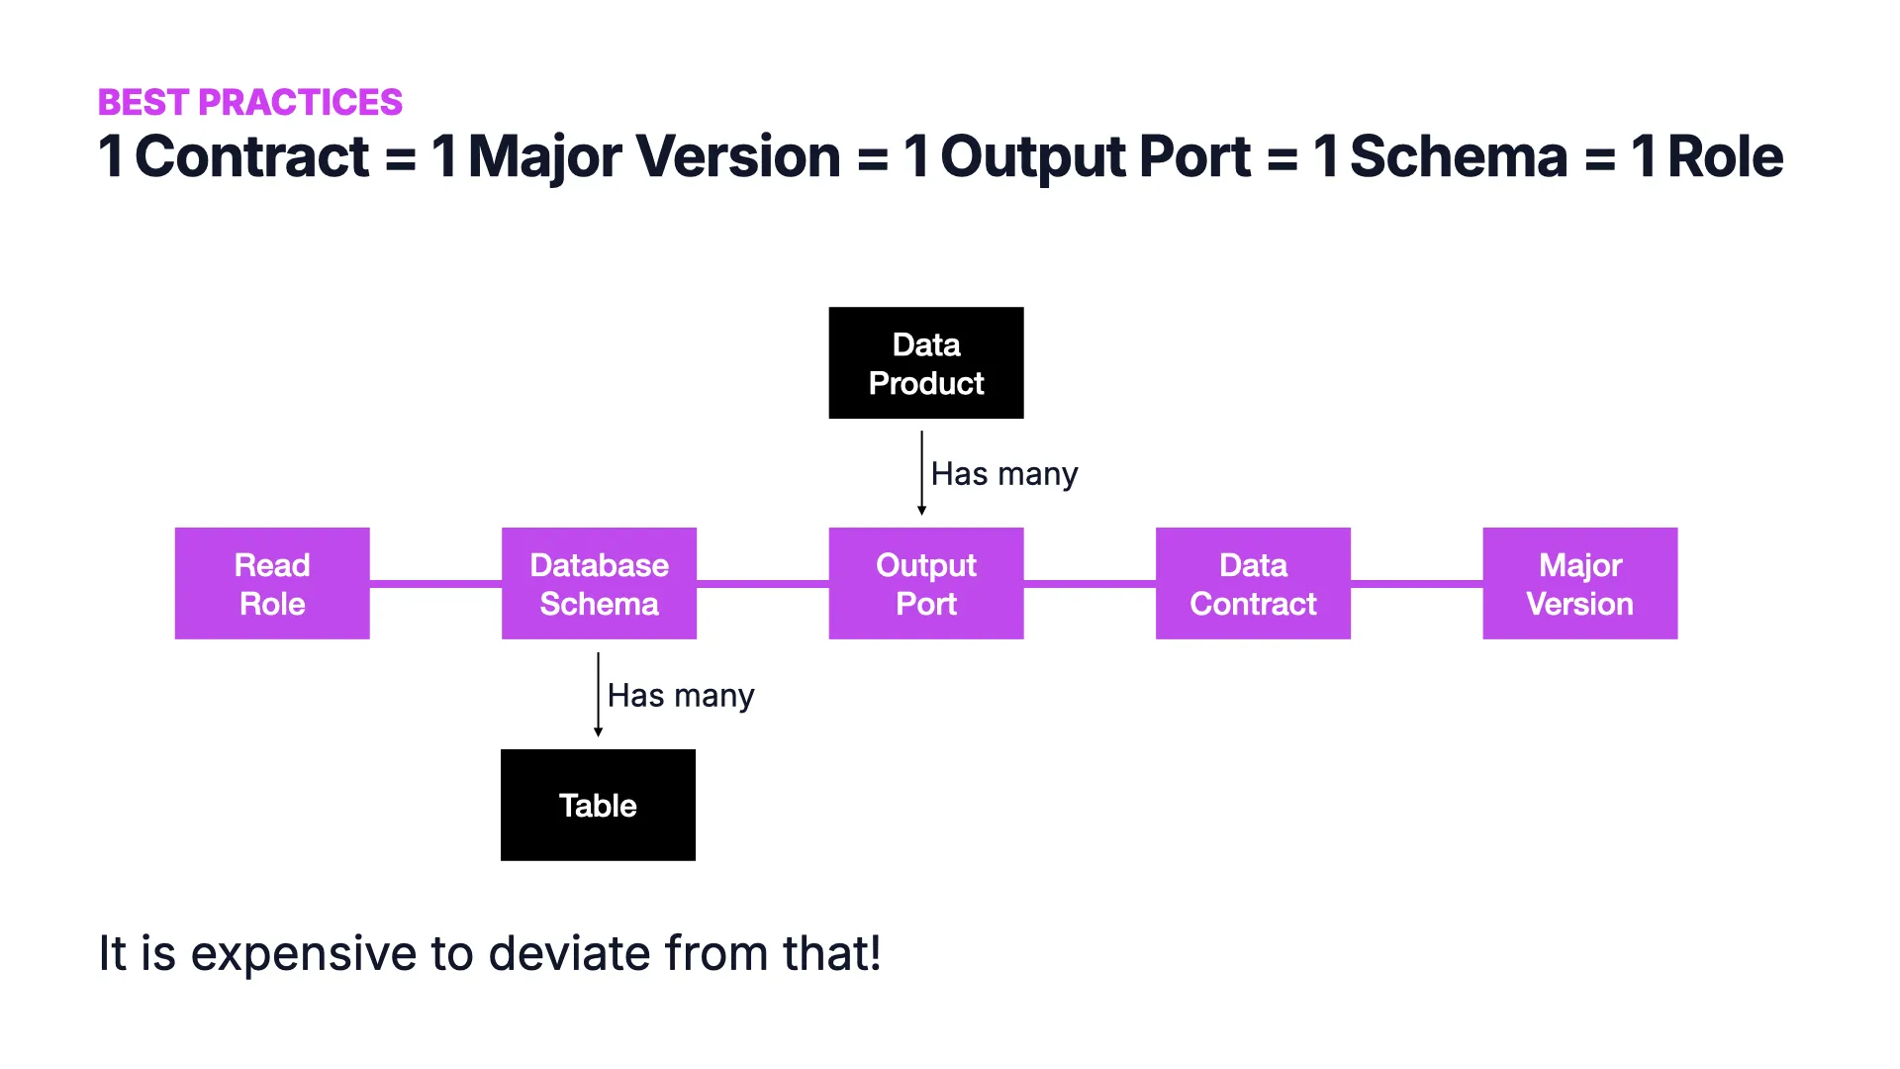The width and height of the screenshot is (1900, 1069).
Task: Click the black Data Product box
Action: coord(925,363)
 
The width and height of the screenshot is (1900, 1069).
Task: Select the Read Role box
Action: coord(272,583)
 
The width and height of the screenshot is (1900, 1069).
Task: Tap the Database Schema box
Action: coord(599,583)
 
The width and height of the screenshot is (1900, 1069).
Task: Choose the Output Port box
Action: coord(925,583)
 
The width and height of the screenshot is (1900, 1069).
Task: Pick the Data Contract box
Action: coord(1253,583)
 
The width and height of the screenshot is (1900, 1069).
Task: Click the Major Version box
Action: coord(1579,583)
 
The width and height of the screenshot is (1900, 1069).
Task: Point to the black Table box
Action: coord(598,805)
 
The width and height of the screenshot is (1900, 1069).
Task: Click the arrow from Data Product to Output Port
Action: coord(921,473)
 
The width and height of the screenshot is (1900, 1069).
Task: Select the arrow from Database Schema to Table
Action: coord(598,694)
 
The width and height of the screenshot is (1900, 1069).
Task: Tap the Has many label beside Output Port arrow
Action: coord(1003,474)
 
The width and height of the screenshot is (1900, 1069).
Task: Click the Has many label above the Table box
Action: coord(680,696)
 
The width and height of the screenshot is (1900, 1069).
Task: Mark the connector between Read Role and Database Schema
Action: coord(435,584)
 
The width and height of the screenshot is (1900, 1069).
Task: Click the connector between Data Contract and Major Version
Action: coord(1416,584)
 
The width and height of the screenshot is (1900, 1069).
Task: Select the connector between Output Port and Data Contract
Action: coord(1090,584)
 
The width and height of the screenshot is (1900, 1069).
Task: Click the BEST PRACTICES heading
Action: coord(249,102)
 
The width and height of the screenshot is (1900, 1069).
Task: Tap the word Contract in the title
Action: coord(251,156)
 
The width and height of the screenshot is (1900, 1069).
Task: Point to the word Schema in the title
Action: coord(1458,156)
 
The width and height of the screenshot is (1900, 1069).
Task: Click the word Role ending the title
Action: coord(1725,156)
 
